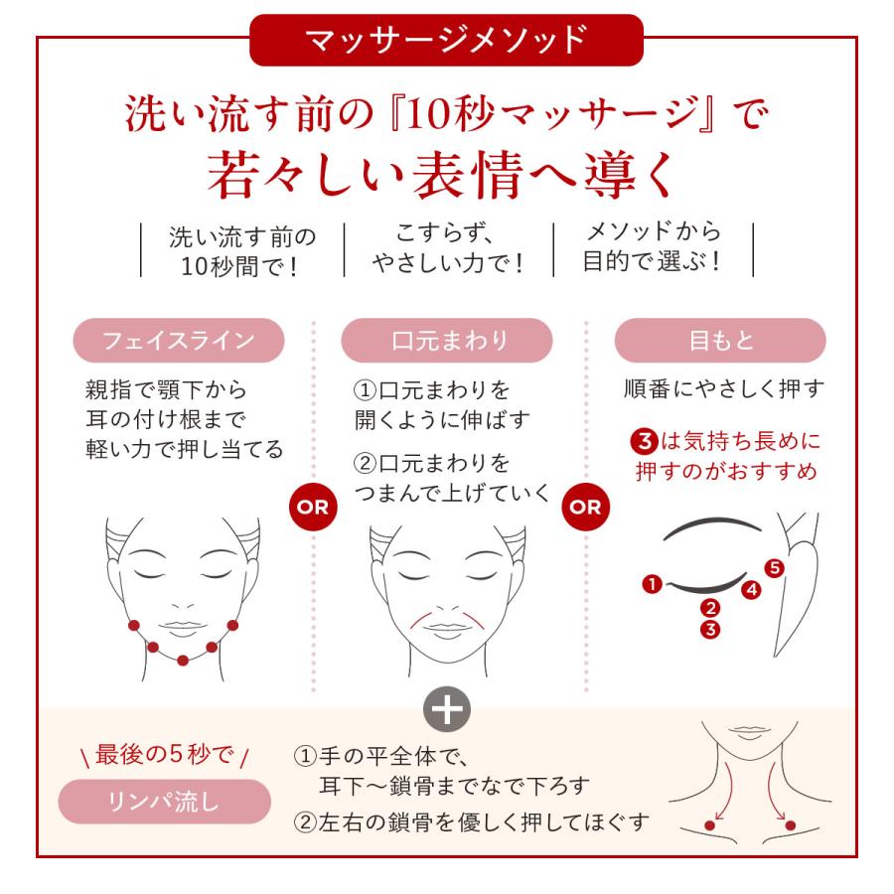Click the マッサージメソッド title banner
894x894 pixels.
446,40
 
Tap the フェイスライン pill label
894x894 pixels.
179,341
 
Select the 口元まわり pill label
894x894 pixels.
447,341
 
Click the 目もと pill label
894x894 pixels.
720,341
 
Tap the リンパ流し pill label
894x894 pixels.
164,801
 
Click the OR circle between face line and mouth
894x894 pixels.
313,507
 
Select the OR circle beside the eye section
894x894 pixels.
585,507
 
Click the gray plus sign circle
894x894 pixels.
447,710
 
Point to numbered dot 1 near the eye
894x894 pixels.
653,584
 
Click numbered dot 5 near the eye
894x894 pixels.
774,568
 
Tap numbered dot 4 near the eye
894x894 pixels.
752,589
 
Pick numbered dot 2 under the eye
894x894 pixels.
710,608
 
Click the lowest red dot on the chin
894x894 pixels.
183,661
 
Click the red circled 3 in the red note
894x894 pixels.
645,441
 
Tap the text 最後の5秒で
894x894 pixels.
165,754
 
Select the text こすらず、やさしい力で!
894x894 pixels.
448,248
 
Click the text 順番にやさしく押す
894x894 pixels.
724,388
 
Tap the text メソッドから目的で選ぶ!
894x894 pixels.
653,247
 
